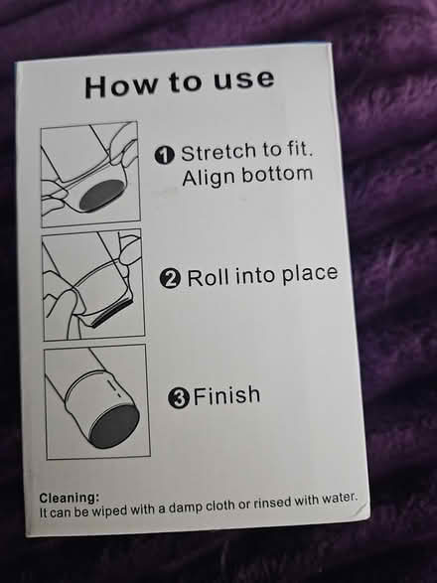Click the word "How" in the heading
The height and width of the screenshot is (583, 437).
[x=121, y=86]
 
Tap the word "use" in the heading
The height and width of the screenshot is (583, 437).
[x=244, y=79]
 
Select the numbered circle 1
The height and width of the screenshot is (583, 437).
[x=165, y=155]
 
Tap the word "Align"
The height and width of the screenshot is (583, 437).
[x=210, y=177]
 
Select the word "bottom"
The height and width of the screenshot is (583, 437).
[x=277, y=174]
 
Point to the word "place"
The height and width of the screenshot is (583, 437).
[x=310, y=274]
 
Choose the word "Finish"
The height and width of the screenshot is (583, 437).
[x=226, y=395]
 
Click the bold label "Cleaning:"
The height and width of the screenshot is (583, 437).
[x=70, y=498]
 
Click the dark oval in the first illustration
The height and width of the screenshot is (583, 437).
[x=100, y=195]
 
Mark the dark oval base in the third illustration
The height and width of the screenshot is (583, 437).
[x=113, y=427]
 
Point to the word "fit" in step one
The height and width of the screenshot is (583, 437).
[x=298, y=149]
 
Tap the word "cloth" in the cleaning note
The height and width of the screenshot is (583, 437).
[x=220, y=506]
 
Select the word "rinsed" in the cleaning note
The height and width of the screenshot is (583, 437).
[x=273, y=503]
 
